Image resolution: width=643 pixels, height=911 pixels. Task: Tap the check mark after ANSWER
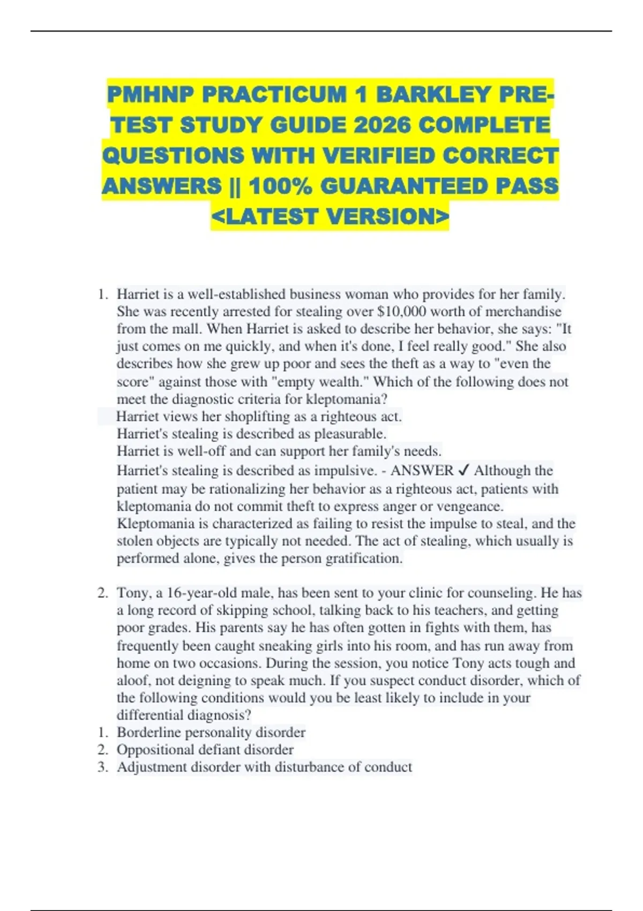(x=464, y=471)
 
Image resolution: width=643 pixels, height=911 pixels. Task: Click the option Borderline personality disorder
(x=211, y=733)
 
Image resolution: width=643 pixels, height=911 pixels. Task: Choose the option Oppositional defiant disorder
(x=205, y=750)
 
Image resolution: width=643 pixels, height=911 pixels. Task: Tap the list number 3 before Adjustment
(x=102, y=767)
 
